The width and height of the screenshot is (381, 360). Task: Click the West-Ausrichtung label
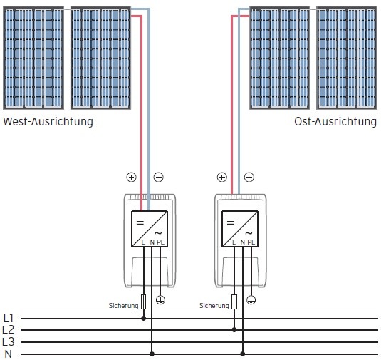point(48,122)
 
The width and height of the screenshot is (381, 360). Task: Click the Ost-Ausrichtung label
point(335,122)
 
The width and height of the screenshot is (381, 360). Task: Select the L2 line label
point(9,330)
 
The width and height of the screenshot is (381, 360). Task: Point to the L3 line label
point(9,342)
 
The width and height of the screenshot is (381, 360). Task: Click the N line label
point(9,354)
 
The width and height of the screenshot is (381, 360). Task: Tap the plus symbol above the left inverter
point(130,177)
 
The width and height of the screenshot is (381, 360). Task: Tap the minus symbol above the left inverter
point(158,177)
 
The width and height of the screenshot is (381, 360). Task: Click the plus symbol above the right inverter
point(221,177)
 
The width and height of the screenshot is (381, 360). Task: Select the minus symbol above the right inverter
point(249,177)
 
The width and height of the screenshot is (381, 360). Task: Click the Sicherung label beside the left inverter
point(123,305)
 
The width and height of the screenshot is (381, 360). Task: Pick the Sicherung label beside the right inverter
point(214,305)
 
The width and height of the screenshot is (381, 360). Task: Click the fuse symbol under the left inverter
point(144,302)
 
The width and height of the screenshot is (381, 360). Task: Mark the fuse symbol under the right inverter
point(235,302)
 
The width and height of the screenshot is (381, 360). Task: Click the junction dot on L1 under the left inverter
point(144,319)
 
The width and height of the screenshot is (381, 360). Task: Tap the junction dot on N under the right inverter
point(243,354)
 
